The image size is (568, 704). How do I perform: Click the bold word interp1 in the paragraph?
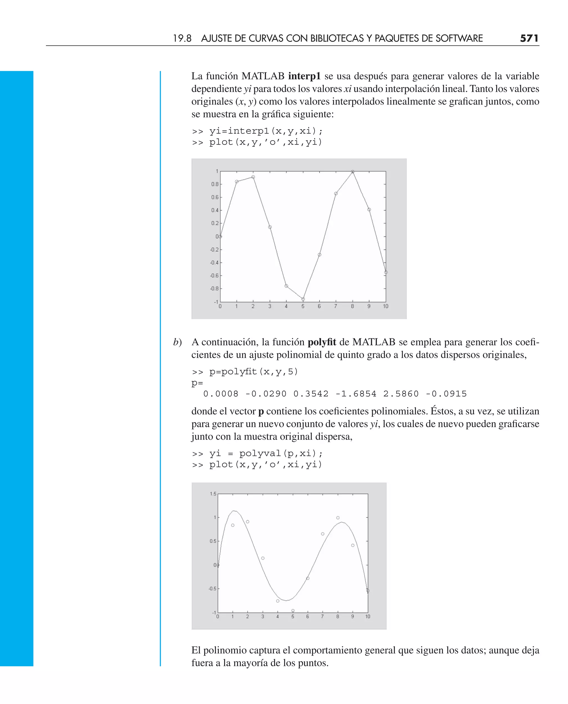tap(304, 76)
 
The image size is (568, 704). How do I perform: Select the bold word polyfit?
tap(322, 342)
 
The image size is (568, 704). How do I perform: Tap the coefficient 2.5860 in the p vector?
tap(401, 394)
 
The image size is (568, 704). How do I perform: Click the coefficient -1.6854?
tap(356, 394)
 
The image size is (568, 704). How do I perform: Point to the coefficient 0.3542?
tap(311, 394)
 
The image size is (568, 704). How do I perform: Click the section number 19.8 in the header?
tap(182, 39)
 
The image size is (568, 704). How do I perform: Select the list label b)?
tap(177, 342)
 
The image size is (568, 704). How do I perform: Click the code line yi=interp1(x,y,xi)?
tap(266, 131)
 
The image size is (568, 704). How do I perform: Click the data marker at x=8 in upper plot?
tap(353, 172)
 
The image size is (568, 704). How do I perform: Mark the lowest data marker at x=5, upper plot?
tap(303, 299)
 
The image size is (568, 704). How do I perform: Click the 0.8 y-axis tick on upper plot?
tap(215, 184)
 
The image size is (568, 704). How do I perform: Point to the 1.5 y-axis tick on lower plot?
tap(213, 494)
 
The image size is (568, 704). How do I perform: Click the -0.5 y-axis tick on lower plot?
tap(212, 589)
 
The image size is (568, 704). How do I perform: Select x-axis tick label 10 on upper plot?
tap(386, 306)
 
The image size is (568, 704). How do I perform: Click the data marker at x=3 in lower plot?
tap(263, 558)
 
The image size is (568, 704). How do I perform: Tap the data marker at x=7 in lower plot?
tap(323, 534)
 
